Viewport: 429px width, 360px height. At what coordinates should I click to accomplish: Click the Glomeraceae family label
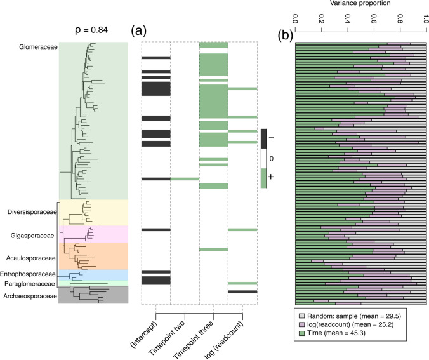coord(38,47)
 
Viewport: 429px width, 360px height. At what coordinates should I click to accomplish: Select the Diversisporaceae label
coord(32,212)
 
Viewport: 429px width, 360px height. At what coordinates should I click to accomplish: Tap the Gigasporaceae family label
coord(32,236)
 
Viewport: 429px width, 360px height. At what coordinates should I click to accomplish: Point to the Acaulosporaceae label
coord(31,258)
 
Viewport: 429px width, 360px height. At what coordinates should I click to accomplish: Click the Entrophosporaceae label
coord(28,274)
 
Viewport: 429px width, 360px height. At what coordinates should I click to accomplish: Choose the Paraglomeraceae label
coord(30,284)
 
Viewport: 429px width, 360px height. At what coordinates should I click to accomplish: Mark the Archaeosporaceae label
coord(30,297)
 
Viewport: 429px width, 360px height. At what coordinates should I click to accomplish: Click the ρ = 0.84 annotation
coord(91,30)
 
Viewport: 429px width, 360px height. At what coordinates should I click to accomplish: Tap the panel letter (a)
coord(139,30)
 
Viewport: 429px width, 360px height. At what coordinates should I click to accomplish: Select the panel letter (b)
coord(286,36)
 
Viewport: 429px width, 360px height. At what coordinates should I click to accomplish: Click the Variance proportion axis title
coord(360,3)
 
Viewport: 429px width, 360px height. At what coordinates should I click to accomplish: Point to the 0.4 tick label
coord(348,18)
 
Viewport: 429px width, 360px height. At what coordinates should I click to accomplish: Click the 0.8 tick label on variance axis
coord(400,18)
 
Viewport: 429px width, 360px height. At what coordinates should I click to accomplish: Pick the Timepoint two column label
coord(167,338)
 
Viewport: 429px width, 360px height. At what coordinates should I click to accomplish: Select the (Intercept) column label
coord(145,334)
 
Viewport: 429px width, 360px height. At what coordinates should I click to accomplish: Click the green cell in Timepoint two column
coord(185,179)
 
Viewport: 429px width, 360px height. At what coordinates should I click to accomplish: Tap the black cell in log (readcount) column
coord(242,292)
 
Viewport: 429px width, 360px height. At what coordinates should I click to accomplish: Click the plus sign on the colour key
coord(271,177)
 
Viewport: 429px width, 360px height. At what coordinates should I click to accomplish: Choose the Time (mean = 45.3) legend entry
coord(336,333)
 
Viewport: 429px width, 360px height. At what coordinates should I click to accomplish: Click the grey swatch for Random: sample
coord(302,316)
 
